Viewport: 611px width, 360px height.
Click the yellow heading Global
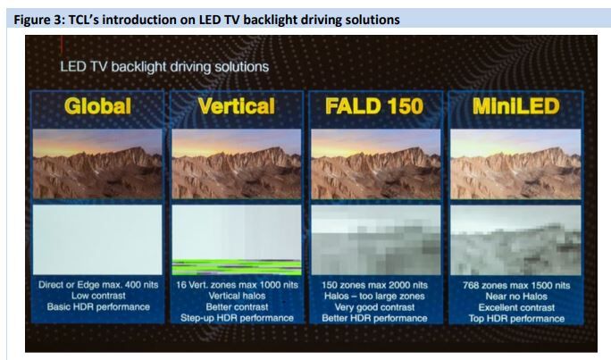tap(97, 106)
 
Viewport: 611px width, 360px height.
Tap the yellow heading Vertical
tap(237, 106)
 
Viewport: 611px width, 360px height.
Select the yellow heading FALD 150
tap(374, 106)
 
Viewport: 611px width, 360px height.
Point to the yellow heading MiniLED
tap(516, 106)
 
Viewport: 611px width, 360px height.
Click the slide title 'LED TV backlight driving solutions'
tap(164, 67)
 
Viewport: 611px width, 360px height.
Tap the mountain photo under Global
tap(97, 163)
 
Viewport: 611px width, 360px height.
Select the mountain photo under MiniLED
tap(515, 163)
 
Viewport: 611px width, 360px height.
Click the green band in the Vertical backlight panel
tap(237, 267)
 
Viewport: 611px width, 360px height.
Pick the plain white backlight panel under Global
tap(97, 239)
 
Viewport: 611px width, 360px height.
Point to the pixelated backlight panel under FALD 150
tap(376, 239)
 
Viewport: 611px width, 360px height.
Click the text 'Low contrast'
tap(98, 296)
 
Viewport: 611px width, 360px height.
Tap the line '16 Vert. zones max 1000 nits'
tap(237, 285)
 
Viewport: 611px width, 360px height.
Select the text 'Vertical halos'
tap(237, 296)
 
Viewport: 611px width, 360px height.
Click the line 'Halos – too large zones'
tap(374, 296)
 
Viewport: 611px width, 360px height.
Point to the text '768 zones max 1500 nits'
tap(516, 285)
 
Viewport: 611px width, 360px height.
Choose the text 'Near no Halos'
tap(516, 297)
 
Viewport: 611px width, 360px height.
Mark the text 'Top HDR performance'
tap(516, 319)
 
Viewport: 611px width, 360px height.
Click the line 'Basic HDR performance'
tap(98, 307)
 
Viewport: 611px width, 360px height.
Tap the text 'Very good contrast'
tap(374, 307)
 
